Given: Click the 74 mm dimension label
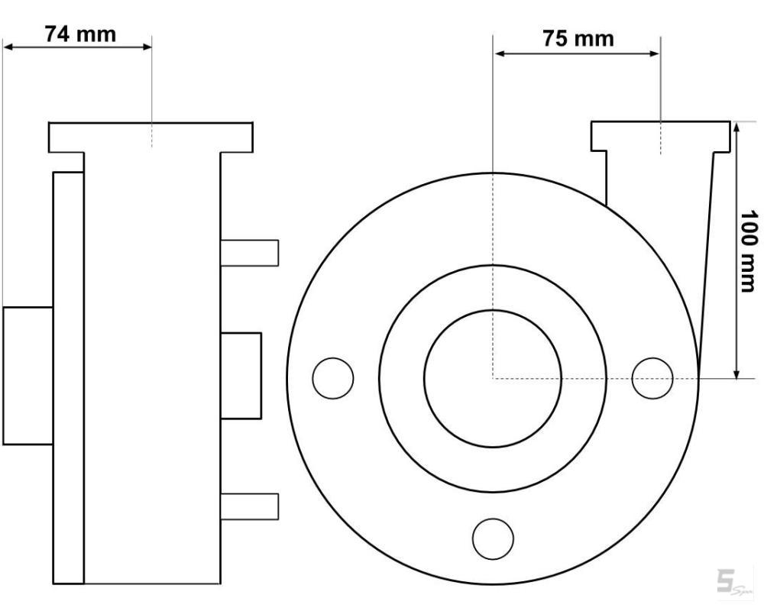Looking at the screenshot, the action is tap(80, 34).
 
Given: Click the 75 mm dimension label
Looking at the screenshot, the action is tap(578, 38).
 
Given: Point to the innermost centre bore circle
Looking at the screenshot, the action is tap(493, 310).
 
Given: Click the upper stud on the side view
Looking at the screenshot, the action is tap(250, 253).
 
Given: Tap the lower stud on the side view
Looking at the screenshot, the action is tap(250, 506).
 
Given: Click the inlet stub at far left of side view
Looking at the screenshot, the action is tap(28, 376).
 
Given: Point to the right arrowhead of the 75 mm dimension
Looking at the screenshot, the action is tap(655, 53).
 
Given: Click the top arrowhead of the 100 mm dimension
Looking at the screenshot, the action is tap(736, 128).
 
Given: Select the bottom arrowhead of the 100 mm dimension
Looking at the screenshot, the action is tap(736, 372).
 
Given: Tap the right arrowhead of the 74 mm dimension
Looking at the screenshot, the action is tap(146, 47).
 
